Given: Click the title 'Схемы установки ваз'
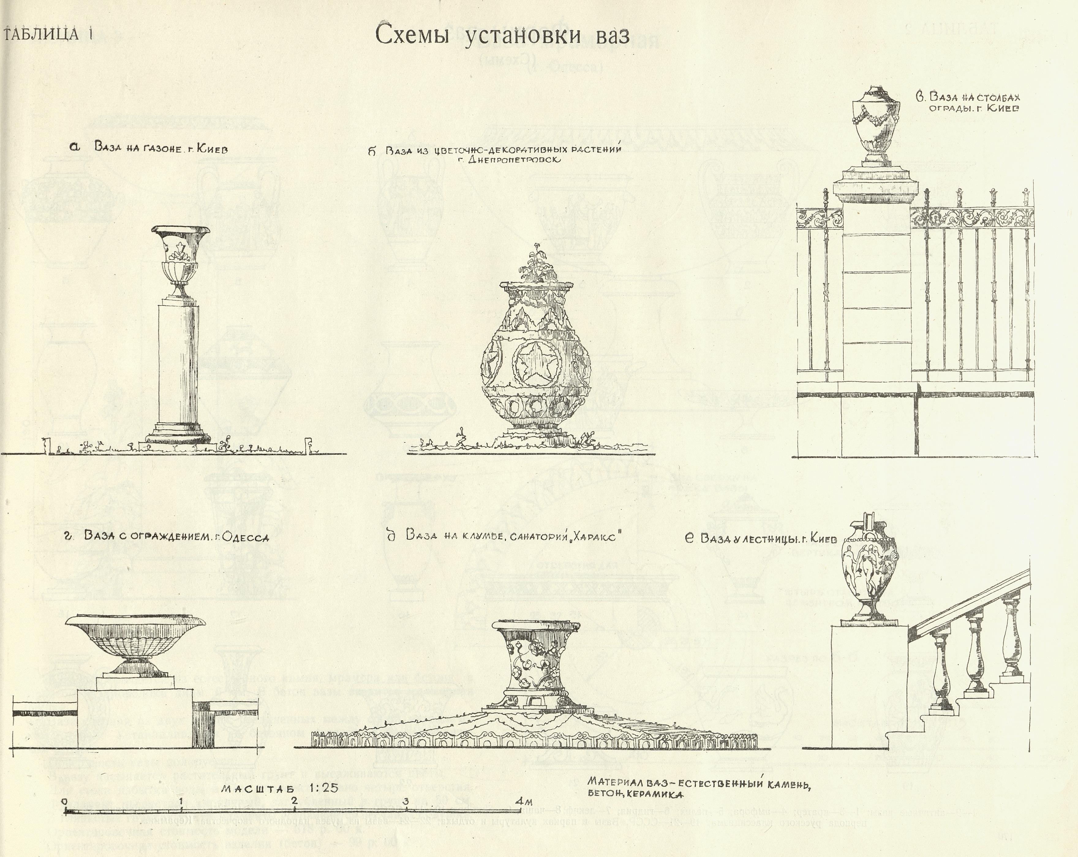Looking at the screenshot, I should (502, 36).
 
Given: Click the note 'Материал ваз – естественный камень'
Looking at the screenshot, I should (698, 783).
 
